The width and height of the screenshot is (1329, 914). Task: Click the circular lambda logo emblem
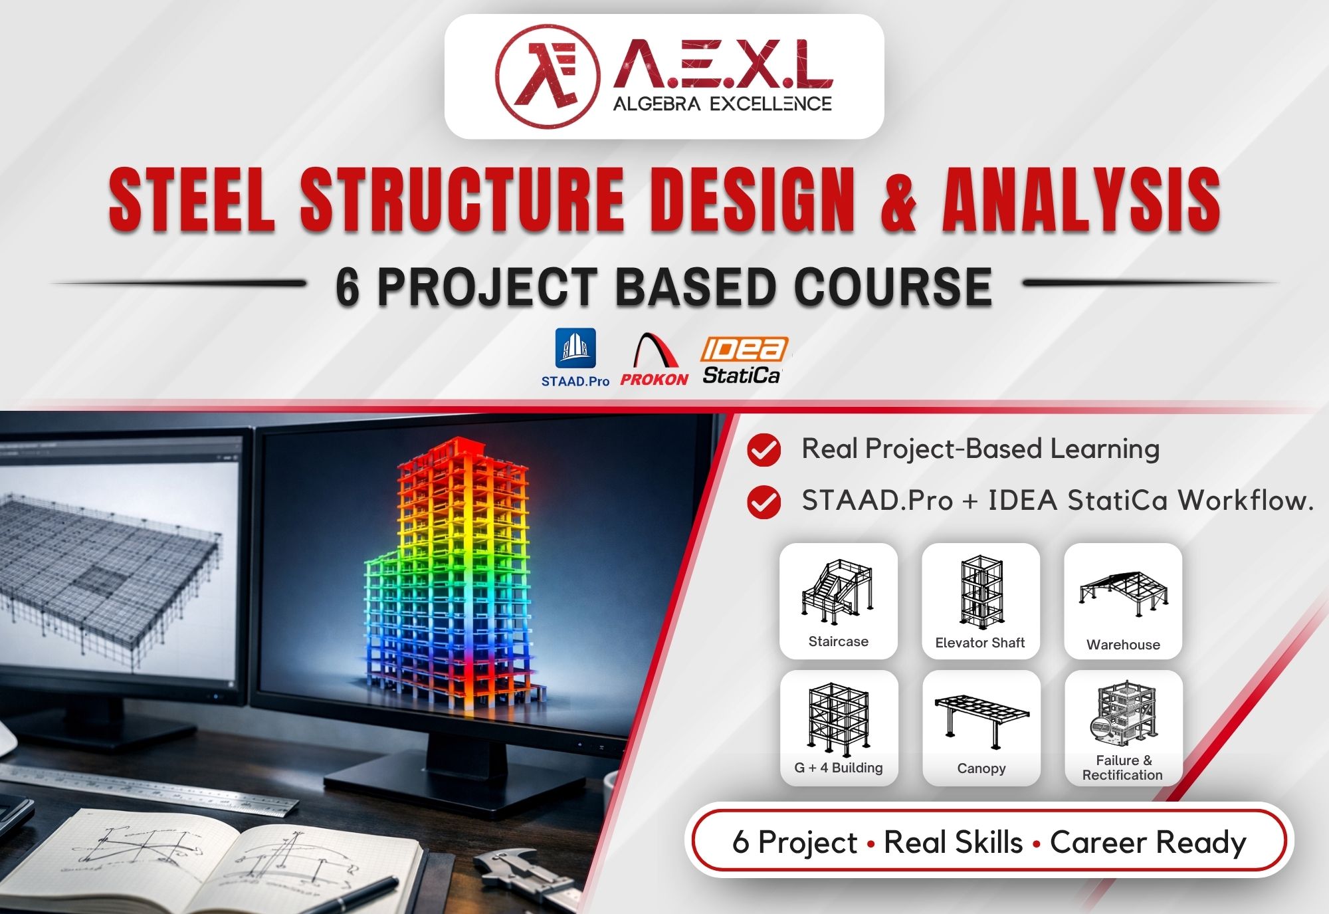point(548,76)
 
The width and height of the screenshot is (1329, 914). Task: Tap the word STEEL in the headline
point(192,199)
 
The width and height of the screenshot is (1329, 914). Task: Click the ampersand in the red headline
point(898,199)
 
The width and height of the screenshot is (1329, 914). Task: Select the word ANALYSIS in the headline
point(1081,199)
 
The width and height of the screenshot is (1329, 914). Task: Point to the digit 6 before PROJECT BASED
point(348,287)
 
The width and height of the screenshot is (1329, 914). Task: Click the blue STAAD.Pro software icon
point(575,348)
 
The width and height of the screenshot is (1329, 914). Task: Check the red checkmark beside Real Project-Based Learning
point(764,450)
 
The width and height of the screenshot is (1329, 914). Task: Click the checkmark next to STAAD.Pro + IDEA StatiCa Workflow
point(764,501)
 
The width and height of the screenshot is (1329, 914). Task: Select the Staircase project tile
point(839,601)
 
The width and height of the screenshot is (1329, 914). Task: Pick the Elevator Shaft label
point(980,643)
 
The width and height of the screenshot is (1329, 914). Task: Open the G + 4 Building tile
point(839,728)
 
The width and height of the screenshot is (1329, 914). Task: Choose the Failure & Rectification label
point(1122,768)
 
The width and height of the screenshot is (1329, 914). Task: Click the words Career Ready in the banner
point(1148,842)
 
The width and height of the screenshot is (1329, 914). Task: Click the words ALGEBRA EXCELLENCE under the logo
point(722,104)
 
